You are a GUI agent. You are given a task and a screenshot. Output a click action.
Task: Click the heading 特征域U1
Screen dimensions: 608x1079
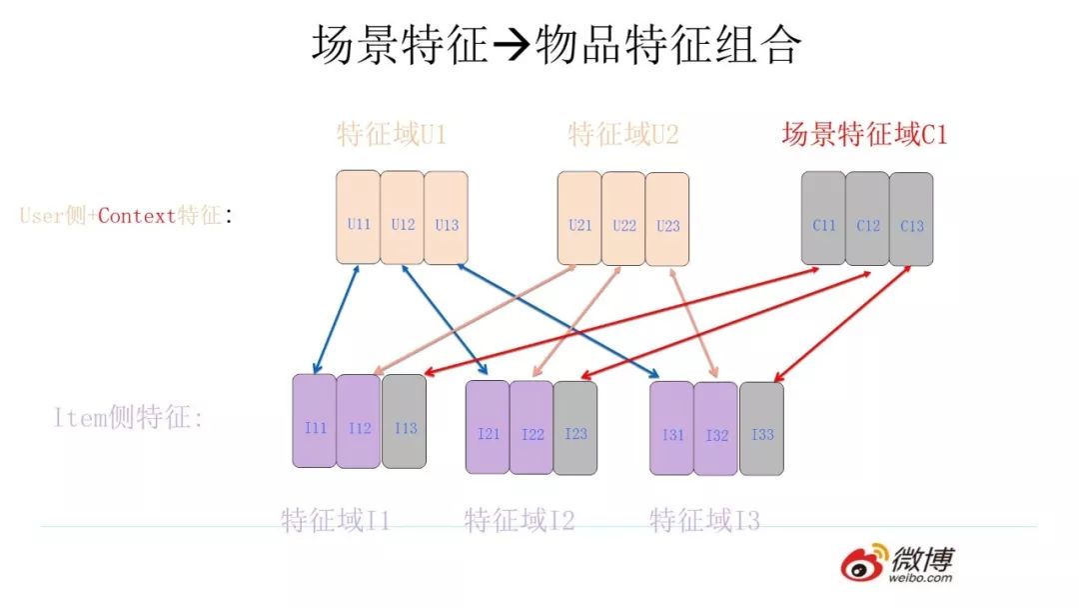click(392, 135)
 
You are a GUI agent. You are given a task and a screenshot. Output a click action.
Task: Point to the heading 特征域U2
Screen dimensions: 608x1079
click(623, 134)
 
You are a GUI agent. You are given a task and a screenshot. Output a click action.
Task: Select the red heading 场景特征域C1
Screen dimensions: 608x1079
click(864, 134)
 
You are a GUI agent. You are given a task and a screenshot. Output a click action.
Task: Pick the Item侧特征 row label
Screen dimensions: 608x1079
click(128, 418)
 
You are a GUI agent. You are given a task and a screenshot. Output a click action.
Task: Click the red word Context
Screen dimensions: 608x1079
click(137, 215)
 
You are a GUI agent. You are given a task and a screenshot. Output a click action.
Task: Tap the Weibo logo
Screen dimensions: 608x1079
click(895, 564)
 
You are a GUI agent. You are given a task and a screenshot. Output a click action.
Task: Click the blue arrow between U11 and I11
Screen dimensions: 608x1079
click(336, 319)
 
